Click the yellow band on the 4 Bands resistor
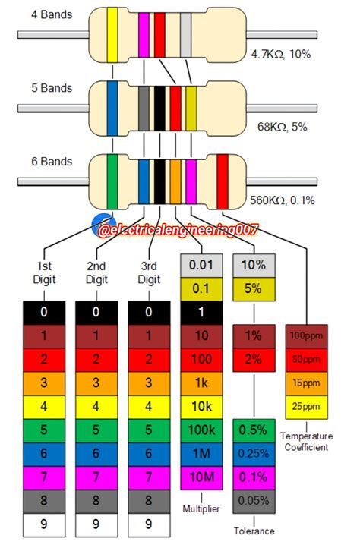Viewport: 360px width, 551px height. click(x=112, y=35)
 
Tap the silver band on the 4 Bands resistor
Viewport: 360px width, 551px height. click(x=185, y=35)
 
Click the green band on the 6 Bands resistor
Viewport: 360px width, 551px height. click(x=112, y=181)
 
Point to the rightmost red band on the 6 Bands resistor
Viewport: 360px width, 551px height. click(x=223, y=181)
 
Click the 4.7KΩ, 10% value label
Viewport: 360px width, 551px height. click(x=281, y=55)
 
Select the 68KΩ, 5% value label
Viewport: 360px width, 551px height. click(x=283, y=128)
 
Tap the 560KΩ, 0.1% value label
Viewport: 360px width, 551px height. click(x=282, y=200)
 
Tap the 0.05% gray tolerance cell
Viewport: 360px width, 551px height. click(x=254, y=500)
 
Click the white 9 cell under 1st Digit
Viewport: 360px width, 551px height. click(x=44, y=523)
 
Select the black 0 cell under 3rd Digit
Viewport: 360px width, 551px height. click(x=149, y=311)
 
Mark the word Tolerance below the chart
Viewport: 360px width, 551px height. click(x=254, y=531)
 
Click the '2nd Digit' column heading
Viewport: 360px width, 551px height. click(x=96, y=272)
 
